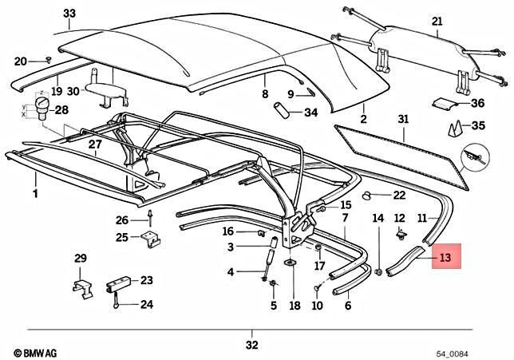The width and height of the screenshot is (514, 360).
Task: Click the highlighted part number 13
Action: tap(446, 257)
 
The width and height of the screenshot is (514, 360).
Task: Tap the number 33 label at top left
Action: tap(69, 14)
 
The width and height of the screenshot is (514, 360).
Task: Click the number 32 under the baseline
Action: tap(253, 345)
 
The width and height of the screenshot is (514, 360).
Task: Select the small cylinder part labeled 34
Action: tap(280, 109)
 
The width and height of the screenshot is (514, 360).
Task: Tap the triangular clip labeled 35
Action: tap(457, 127)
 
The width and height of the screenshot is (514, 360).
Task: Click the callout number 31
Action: tap(403, 119)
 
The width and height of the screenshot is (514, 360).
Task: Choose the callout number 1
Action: tap(34, 194)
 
